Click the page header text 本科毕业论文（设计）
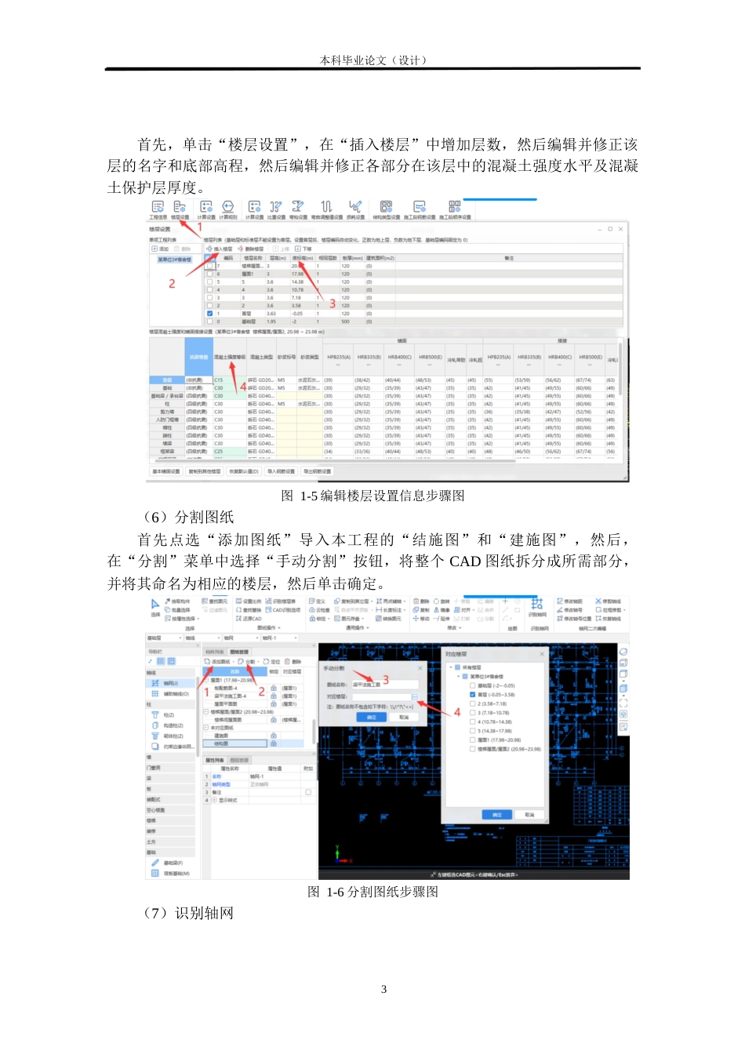pyautogui.click(x=373, y=60)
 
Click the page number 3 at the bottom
pyautogui.click(x=383, y=989)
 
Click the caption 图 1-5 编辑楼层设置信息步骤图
pyautogui.click(x=372, y=496)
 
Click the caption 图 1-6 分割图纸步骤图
pyautogui.click(x=372, y=892)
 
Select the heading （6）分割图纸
pyautogui.click(x=187, y=517)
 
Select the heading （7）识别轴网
pyautogui.click(x=187, y=913)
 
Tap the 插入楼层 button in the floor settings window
pyautogui.click(x=220, y=249)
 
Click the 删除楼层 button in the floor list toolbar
pyautogui.click(x=251, y=249)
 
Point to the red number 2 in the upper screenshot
pyautogui.click(x=172, y=283)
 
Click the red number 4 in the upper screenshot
pyautogui.click(x=243, y=387)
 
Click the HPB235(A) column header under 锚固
pyautogui.click(x=339, y=358)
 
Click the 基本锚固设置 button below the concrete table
pyautogui.click(x=166, y=471)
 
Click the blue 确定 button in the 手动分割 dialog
pyautogui.click(x=372, y=717)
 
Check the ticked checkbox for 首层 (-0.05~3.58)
pyautogui.click(x=473, y=694)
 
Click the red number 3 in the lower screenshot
pyautogui.click(x=386, y=680)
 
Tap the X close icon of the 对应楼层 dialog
pyautogui.click(x=542, y=653)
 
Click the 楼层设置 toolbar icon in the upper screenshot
pyautogui.click(x=180, y=209)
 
